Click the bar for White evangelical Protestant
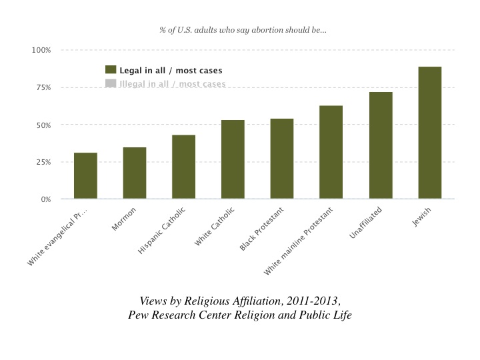pos(85,176)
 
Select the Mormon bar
pos(135,173)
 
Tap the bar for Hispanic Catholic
pos(183,167)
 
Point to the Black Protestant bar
pos(282,159)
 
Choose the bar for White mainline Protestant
pos(331,153)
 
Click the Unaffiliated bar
pos(380,146)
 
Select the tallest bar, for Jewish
pos(429,133)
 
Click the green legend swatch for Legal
pos(111,70)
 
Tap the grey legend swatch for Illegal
pos(111,84)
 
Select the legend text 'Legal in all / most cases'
pos(171,71)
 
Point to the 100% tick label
pos(41,51)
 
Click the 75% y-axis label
pos(43,88)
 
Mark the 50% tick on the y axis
pos(43,125)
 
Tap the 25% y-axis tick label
pos(43,163)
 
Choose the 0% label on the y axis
pos(45,199)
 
